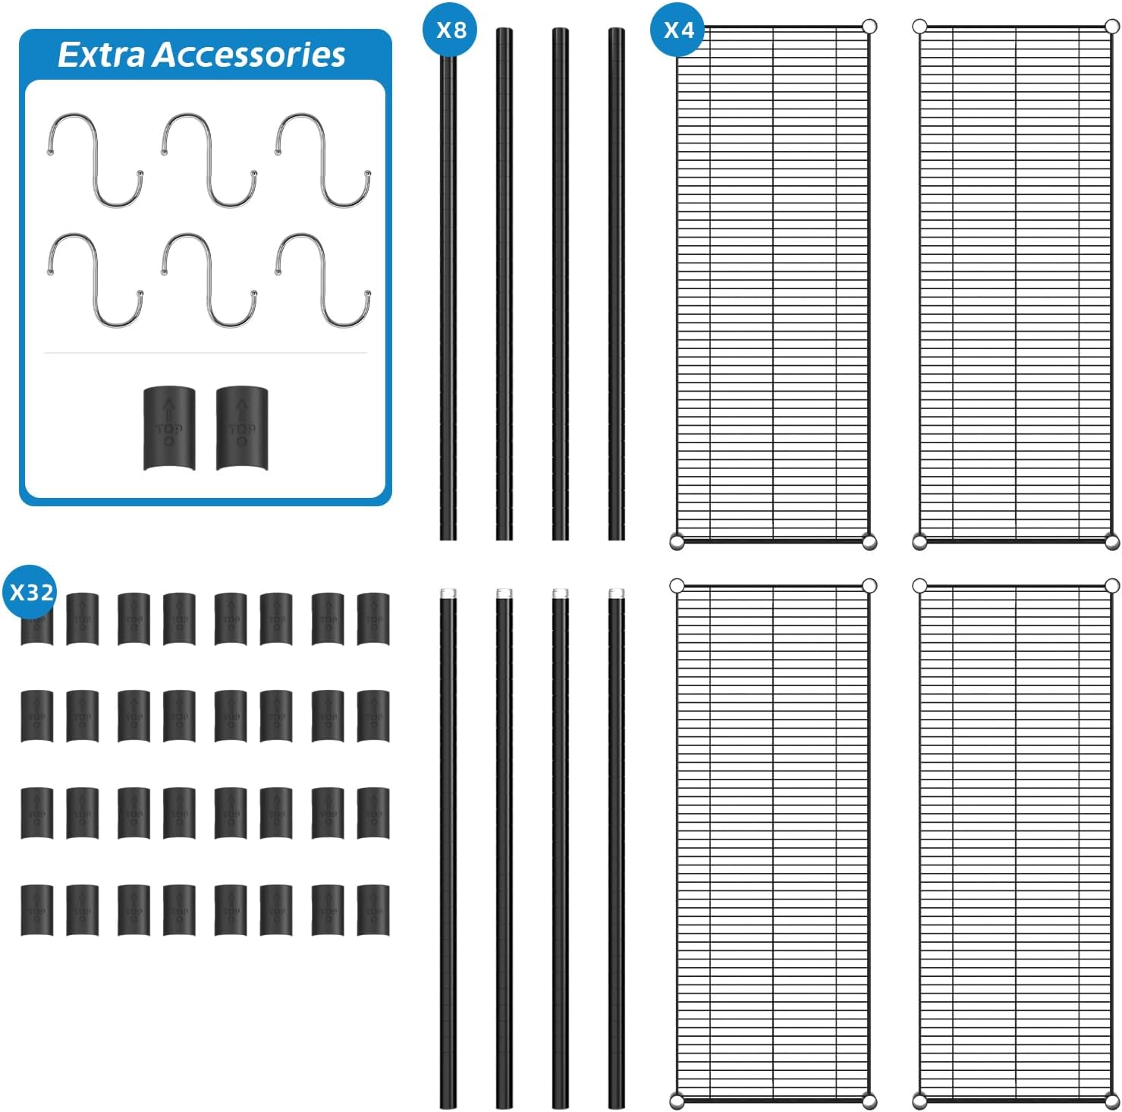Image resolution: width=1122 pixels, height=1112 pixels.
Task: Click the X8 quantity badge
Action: (x=450, y=30)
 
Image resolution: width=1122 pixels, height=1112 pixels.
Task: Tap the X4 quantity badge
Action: (x=678, y=30)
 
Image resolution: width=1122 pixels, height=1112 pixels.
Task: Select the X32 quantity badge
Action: (x=30, y=592)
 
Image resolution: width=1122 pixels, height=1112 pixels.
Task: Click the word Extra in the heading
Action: (x=100, y=55)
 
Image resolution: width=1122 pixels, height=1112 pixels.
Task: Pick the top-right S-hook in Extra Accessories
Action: (x=323, y=159)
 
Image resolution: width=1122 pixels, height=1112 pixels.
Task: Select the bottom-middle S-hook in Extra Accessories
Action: (x=209, y=279)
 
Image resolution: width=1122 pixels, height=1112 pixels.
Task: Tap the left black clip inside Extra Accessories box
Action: (x=169, y=428)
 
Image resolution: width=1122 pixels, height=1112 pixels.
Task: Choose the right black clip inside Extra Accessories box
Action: (x=242, y=428)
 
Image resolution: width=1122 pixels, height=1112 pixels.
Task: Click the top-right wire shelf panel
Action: (x=1015, y=282)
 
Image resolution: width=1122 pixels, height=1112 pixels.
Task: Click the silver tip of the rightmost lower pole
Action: (x=616, y=593)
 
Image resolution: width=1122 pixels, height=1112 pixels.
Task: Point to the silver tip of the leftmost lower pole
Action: (x=448, y=593)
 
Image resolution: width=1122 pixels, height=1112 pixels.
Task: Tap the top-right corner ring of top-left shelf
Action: (x=869, y=27)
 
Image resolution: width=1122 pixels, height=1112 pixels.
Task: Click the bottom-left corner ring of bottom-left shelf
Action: (x=677, y=1100)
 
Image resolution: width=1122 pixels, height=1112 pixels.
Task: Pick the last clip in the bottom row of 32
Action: (x=372, y=909)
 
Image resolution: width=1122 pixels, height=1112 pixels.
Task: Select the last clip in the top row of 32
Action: (x=372, y=619)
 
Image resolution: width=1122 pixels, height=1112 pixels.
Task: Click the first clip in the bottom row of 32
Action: (x=36, y=909)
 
